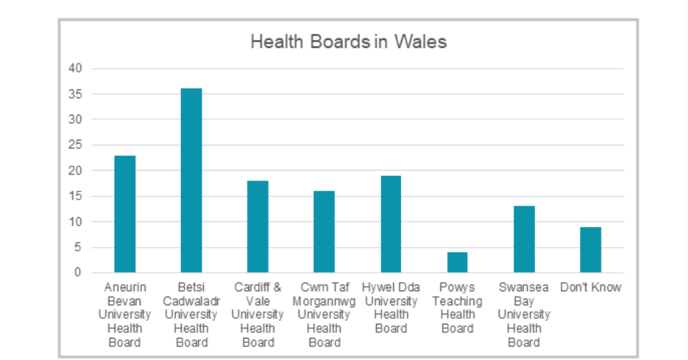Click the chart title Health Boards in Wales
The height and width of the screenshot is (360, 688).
[x=348, y=42]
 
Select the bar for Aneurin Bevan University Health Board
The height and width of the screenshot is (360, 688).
[x=124, y=214]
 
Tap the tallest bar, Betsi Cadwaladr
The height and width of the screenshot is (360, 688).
[x=191, y=181]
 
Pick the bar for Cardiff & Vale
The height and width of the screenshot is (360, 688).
[x=257, y=227]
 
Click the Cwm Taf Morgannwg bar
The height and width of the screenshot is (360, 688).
[x=324, y=232]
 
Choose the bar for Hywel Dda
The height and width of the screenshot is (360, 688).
[x=390, y=224]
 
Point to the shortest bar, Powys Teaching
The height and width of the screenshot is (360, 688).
[x=457, y=262]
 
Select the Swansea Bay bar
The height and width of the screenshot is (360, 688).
[x=523, y=240]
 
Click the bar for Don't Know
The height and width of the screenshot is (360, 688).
[x=590, y=250]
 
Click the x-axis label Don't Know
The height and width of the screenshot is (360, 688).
[x=590, y=288]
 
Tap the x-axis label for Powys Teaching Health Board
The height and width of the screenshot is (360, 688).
[x=457, y=308]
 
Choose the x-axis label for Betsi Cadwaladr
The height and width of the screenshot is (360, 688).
[x=191, y=315]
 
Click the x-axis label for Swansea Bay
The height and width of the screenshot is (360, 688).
[x=523, y=315]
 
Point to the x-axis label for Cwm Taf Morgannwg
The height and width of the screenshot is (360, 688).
[x=324, y=315]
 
